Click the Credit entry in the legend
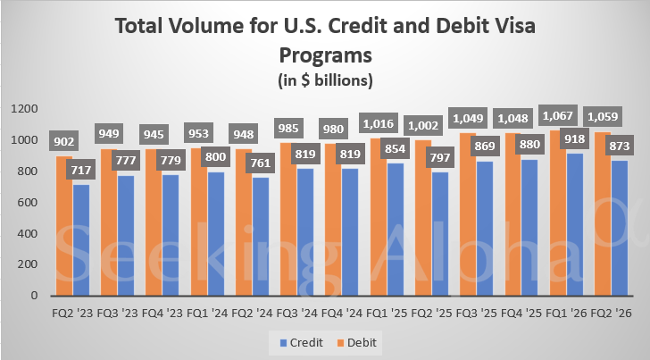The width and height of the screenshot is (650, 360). [301, 341]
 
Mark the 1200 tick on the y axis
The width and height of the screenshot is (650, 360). [23, 109]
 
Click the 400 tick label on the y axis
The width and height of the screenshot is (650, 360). [27, 233]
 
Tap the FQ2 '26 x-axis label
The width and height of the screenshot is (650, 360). [612, 314]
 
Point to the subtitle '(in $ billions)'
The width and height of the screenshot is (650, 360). [324, 80]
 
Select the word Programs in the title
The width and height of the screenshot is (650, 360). [324, 55]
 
